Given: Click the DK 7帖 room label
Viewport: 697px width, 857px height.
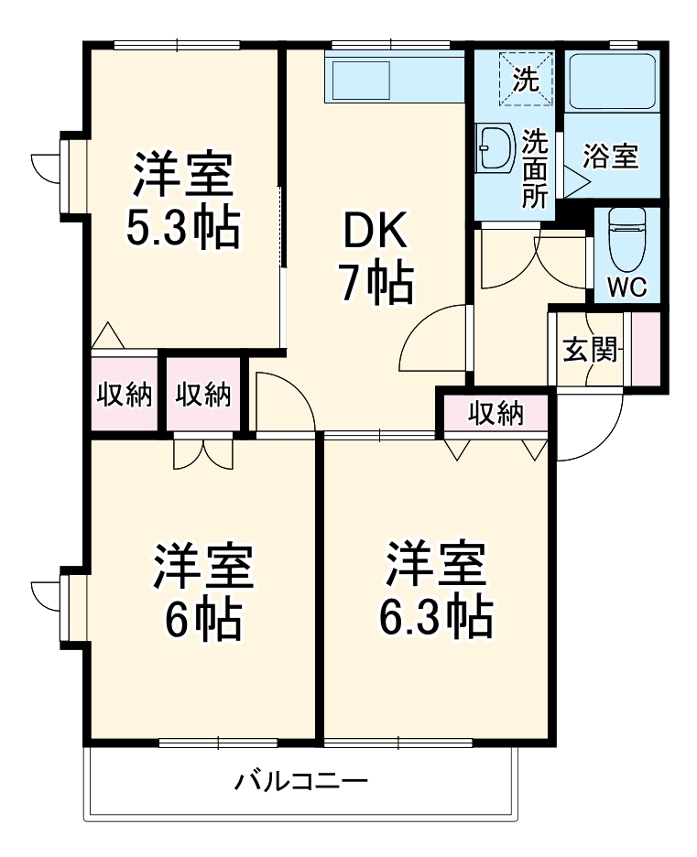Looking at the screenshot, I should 376,259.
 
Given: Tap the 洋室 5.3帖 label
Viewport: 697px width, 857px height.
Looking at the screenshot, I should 183,201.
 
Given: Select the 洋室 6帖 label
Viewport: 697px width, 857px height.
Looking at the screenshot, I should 202,592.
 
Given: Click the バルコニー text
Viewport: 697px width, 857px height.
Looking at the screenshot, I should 301,783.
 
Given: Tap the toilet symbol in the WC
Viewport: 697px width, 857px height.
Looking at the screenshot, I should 627,237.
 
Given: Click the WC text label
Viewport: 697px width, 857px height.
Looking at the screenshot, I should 627,287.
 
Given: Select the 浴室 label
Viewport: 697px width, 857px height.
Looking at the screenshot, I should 611,157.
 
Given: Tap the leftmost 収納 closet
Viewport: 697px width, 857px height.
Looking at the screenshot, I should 125,395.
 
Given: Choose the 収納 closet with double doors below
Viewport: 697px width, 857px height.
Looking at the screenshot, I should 203,395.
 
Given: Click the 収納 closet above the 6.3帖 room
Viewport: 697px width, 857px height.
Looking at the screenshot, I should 496,414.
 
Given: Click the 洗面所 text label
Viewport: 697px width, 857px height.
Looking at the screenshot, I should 535,168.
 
